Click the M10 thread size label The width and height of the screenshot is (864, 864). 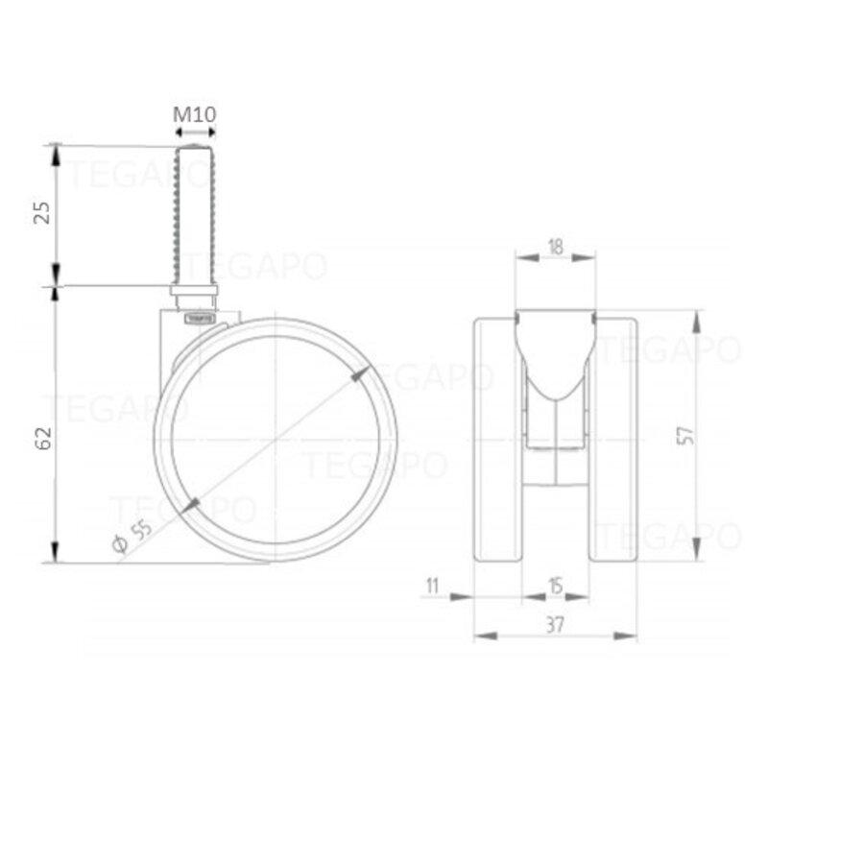click(195, 114)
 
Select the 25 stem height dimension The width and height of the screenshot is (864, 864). click(40, 213)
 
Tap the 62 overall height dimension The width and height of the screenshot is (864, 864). click(40, 437)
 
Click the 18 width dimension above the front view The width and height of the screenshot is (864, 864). click(555, 246)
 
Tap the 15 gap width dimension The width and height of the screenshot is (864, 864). click(555, 584)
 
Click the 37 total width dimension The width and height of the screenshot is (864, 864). click(555, 623)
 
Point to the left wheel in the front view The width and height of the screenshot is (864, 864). click(498, 437)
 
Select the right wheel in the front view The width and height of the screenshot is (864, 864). click(612, 437)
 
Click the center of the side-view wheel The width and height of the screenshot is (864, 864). click(276, 439)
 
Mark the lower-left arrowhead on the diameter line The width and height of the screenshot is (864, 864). click(191, 504)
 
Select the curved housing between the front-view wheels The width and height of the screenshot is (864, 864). click(555, 360)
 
